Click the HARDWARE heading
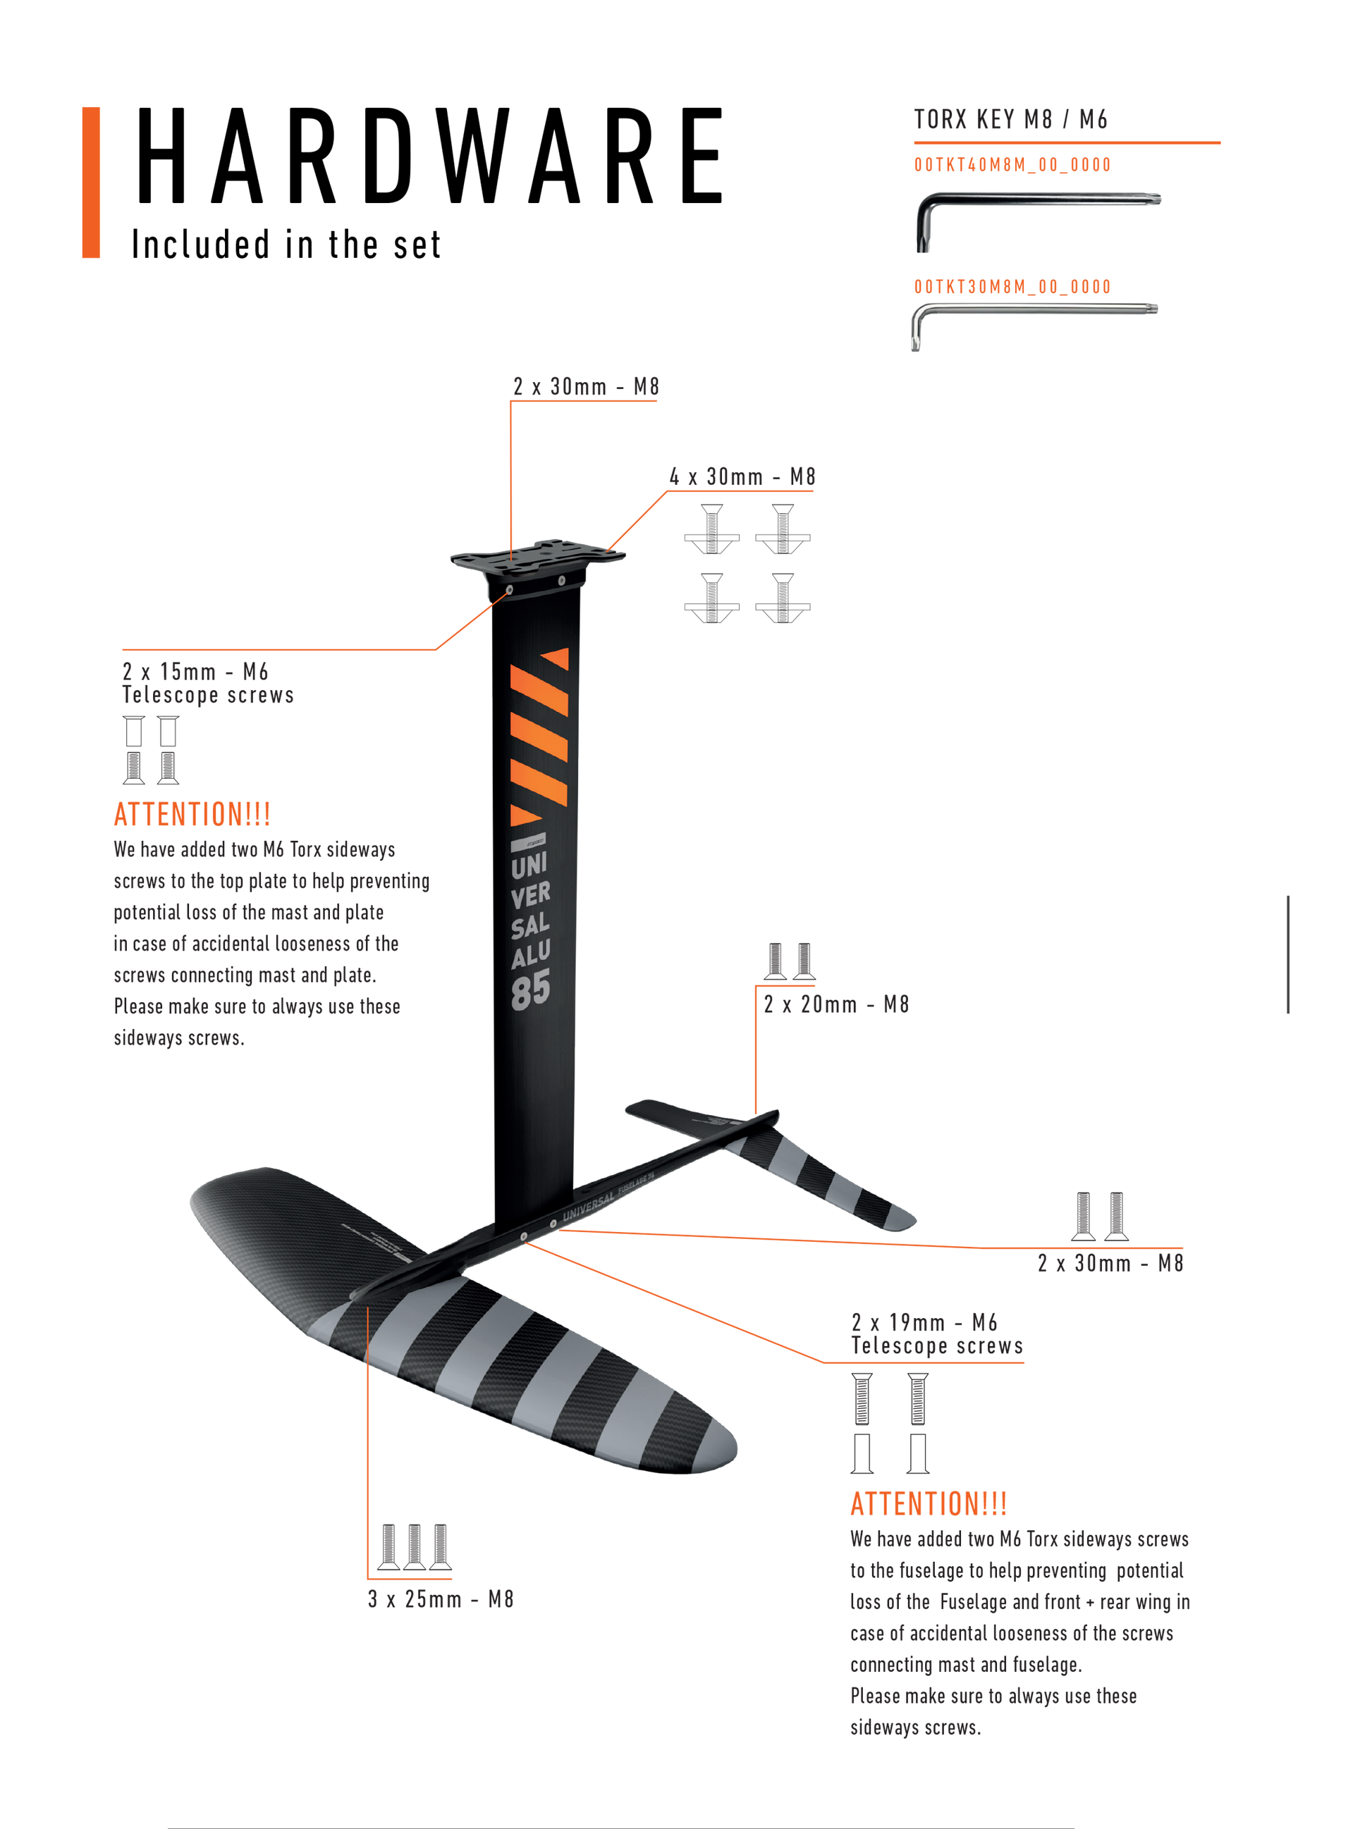point(429,156)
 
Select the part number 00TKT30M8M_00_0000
point(1012,287)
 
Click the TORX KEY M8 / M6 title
point(1010,120)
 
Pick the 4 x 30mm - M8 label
point(742,477)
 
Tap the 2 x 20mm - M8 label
point(836,1004)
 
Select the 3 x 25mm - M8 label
point(441,1599)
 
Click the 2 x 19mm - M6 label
point(924,1322)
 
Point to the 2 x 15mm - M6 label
point(195,672)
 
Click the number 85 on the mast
point(531,990)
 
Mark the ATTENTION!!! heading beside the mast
point(192,815)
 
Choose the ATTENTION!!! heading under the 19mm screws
point(929,1504)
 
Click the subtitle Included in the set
point(286,245)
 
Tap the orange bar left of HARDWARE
point(91,182)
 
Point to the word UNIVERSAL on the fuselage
point(589,1207)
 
